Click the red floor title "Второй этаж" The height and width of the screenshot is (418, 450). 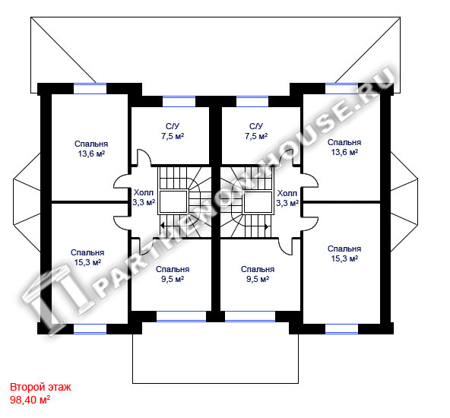(40, 387)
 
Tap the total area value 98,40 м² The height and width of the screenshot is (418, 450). (30, 400)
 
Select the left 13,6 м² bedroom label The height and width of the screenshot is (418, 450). (91, 149)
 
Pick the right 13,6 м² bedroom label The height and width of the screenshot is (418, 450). (344, 147)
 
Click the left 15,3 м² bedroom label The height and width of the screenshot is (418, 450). (87, 258)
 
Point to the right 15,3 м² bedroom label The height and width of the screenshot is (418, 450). (344, 254)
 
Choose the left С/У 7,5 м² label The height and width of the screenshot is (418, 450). (173, 131)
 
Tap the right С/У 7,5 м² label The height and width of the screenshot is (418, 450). (256, 131)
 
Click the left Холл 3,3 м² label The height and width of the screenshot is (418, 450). (144, 198)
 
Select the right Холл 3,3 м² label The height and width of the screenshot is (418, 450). (287, 198)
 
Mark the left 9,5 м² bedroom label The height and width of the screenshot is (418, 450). (173, 274)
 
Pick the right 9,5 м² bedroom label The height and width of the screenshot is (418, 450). (258, 274)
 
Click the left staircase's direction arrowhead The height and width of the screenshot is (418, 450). (162, 226)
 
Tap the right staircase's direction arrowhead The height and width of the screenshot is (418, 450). (267, 226)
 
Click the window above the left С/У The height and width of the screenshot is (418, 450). (179, 102)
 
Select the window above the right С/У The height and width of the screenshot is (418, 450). (252, 102)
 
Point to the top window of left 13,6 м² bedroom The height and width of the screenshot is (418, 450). (90, 89)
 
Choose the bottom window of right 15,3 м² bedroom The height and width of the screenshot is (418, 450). (341, 329)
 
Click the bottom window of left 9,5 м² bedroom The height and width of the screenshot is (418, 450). (181, 316)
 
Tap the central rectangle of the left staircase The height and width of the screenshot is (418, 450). (173, 201)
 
